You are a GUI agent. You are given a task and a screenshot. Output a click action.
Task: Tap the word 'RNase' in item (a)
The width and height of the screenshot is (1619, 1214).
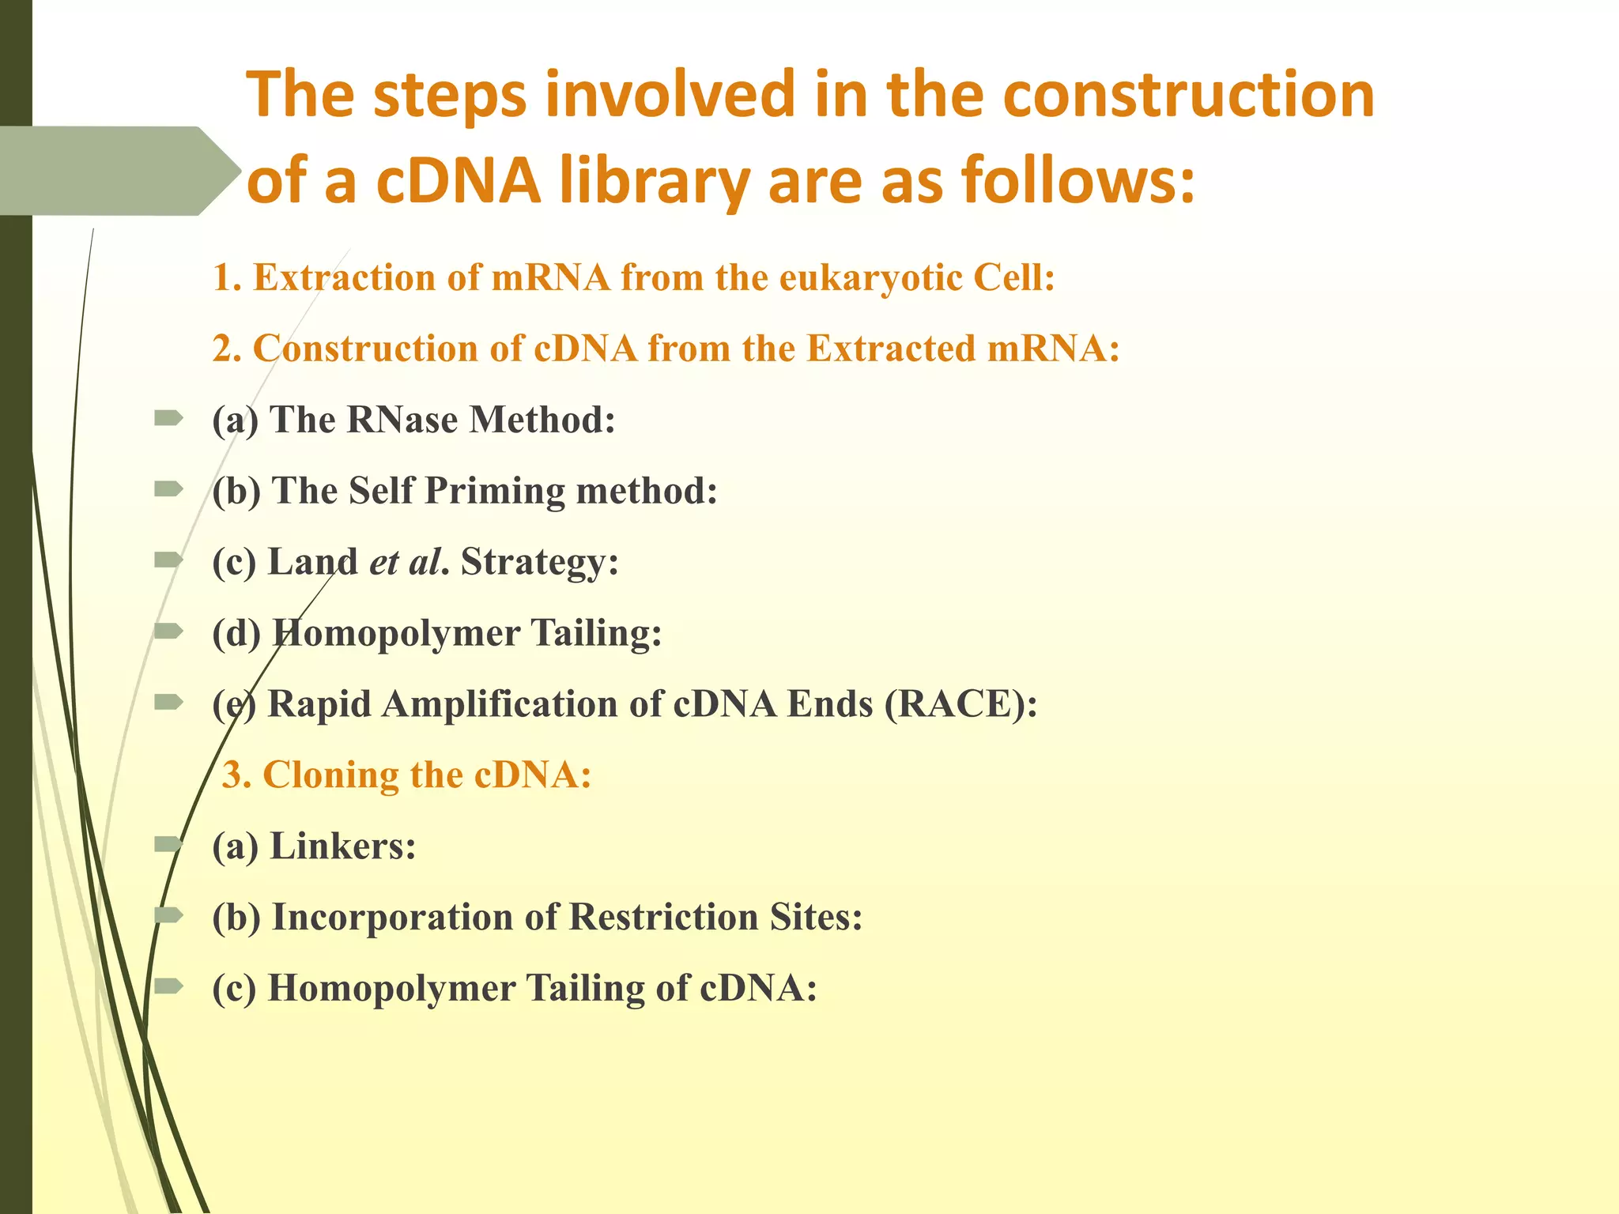[x=402, y=420]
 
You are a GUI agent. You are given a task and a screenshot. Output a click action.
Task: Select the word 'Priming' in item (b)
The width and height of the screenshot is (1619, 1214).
[x=495, y=491]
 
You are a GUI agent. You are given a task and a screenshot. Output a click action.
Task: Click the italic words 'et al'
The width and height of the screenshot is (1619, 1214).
[x=404, y=562]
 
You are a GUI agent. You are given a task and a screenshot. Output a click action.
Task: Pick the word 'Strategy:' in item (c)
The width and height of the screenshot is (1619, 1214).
[x=540, y=562]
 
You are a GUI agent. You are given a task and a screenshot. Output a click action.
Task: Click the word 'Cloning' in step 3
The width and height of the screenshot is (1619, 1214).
[x=330, y=775]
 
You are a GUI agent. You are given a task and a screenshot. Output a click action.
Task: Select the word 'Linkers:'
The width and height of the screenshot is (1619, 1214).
[x=343, y=846]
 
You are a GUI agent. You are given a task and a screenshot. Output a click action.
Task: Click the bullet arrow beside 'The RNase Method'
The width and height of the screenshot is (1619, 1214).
[x=169, y=418]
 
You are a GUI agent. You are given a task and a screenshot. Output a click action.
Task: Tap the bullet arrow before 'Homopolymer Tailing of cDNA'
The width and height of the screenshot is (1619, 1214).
[x=169, y=986]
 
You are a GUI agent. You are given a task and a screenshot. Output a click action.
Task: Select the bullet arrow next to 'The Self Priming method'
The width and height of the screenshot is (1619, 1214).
[x=169, y=489]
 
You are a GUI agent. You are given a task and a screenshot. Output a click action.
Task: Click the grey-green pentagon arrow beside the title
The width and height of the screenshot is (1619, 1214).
[x=119, y=171]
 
